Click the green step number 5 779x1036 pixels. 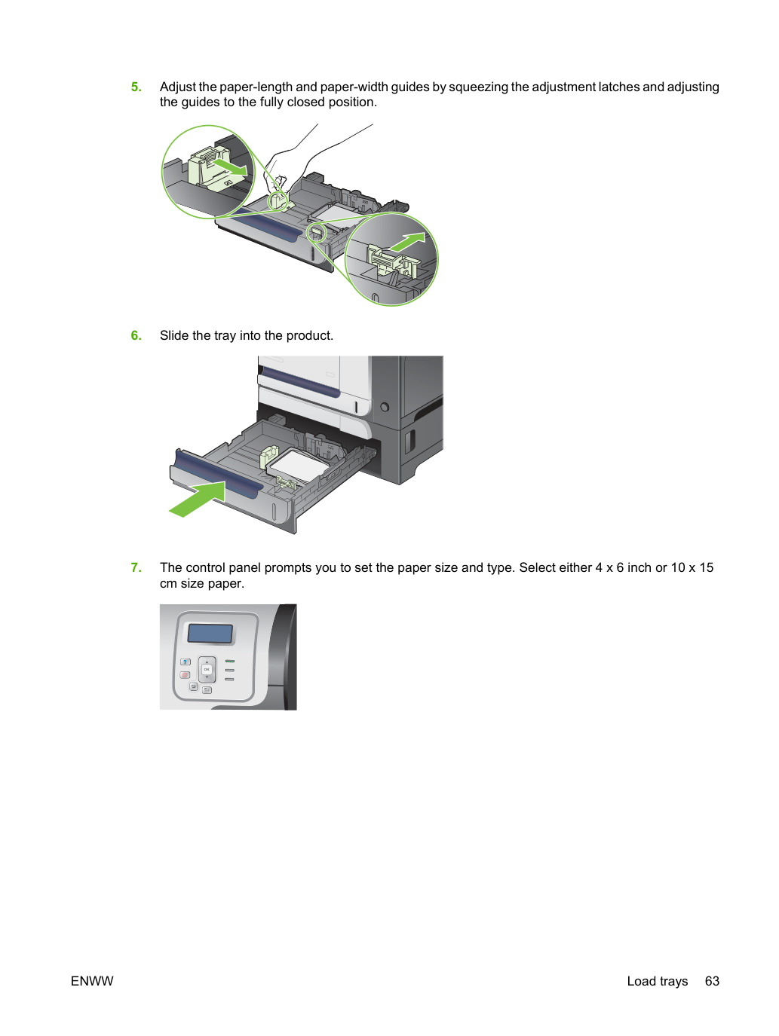[136, 87]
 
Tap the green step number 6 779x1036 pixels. [136, 335]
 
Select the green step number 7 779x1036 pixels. [136, 567]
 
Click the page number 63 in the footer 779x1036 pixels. [712, 981]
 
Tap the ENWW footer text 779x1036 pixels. [92, 981]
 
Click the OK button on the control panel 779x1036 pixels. [207, 669]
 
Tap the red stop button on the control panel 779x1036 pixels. [186, 675]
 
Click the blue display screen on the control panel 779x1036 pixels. [210, 634]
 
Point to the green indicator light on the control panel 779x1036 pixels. [230, 662]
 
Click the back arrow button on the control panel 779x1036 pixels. [193, 686]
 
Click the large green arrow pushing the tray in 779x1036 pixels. [198, 500]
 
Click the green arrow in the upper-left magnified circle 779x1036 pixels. [230, 167]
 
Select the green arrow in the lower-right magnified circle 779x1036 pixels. [407, 242]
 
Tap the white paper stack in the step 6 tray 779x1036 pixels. [299, 465]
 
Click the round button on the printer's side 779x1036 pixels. [385, 407]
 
